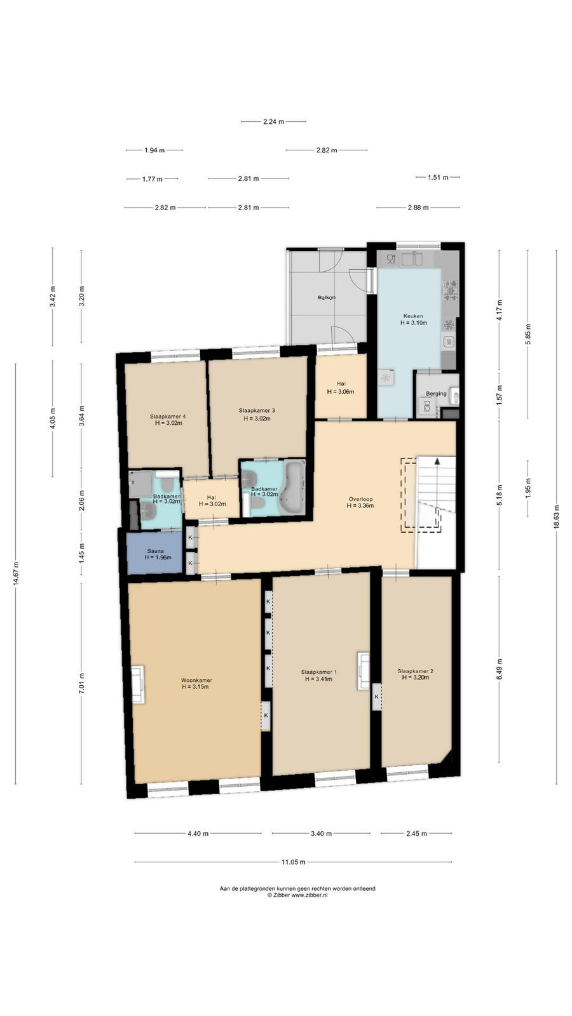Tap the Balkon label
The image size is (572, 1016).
coord(327,298)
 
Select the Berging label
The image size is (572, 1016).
coord(436,393)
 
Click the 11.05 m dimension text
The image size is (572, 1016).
coord(293,862)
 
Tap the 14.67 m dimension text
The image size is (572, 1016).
coord(16,575)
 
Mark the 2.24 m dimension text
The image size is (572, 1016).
coord(273,121)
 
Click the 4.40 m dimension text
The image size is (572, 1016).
coord(198,833)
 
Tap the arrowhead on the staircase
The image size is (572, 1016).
coord(437,461)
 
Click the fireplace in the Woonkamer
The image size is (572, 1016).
coord(139,685)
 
